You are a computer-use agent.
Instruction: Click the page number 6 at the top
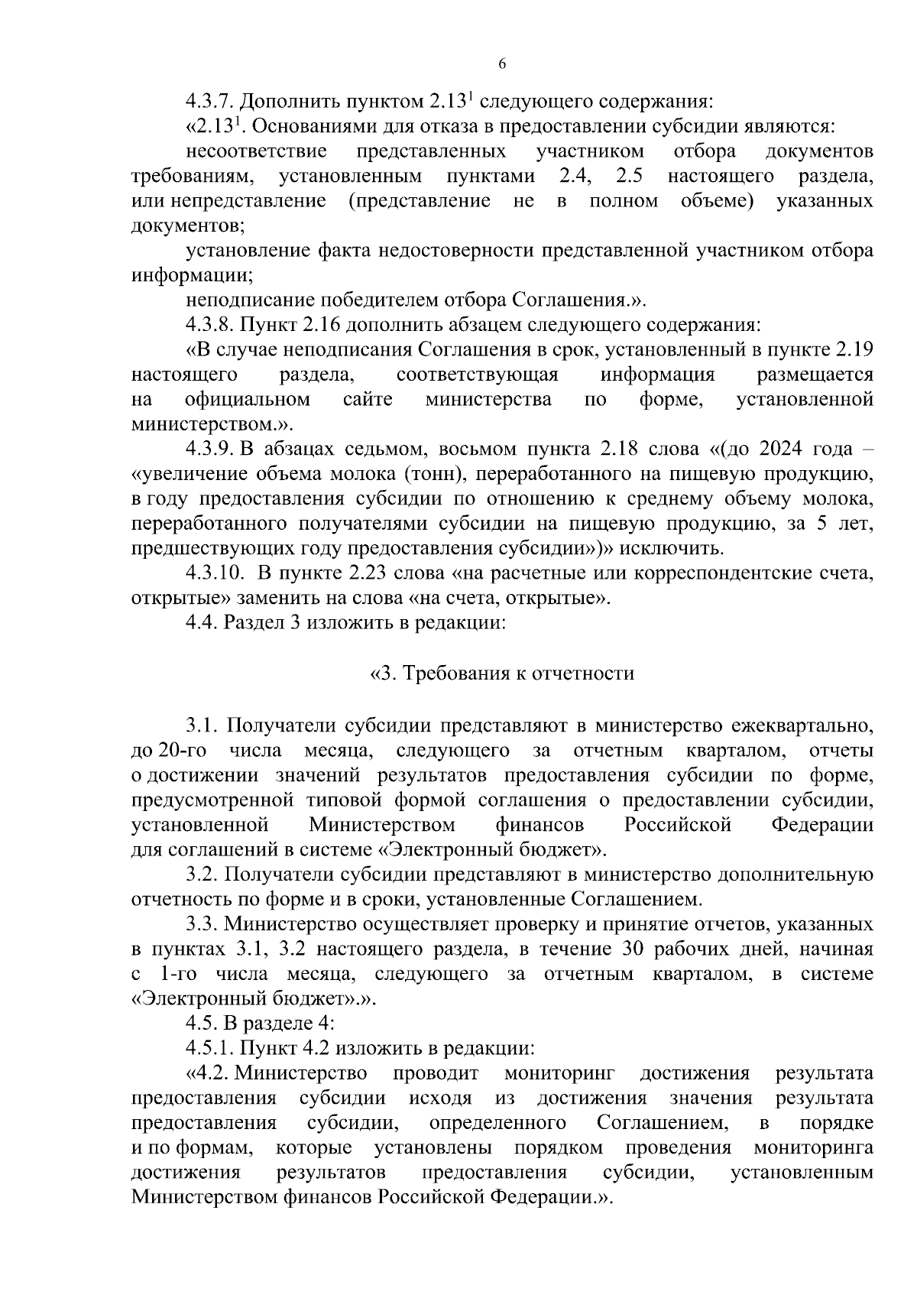(x=502, y=64)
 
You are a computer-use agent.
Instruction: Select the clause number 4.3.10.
(x=217, y=573)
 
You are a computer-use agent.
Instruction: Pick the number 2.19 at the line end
(x=855, y=350)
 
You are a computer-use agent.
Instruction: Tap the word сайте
(x=368, y=400)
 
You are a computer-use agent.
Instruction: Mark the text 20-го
(x=183, y=750)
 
